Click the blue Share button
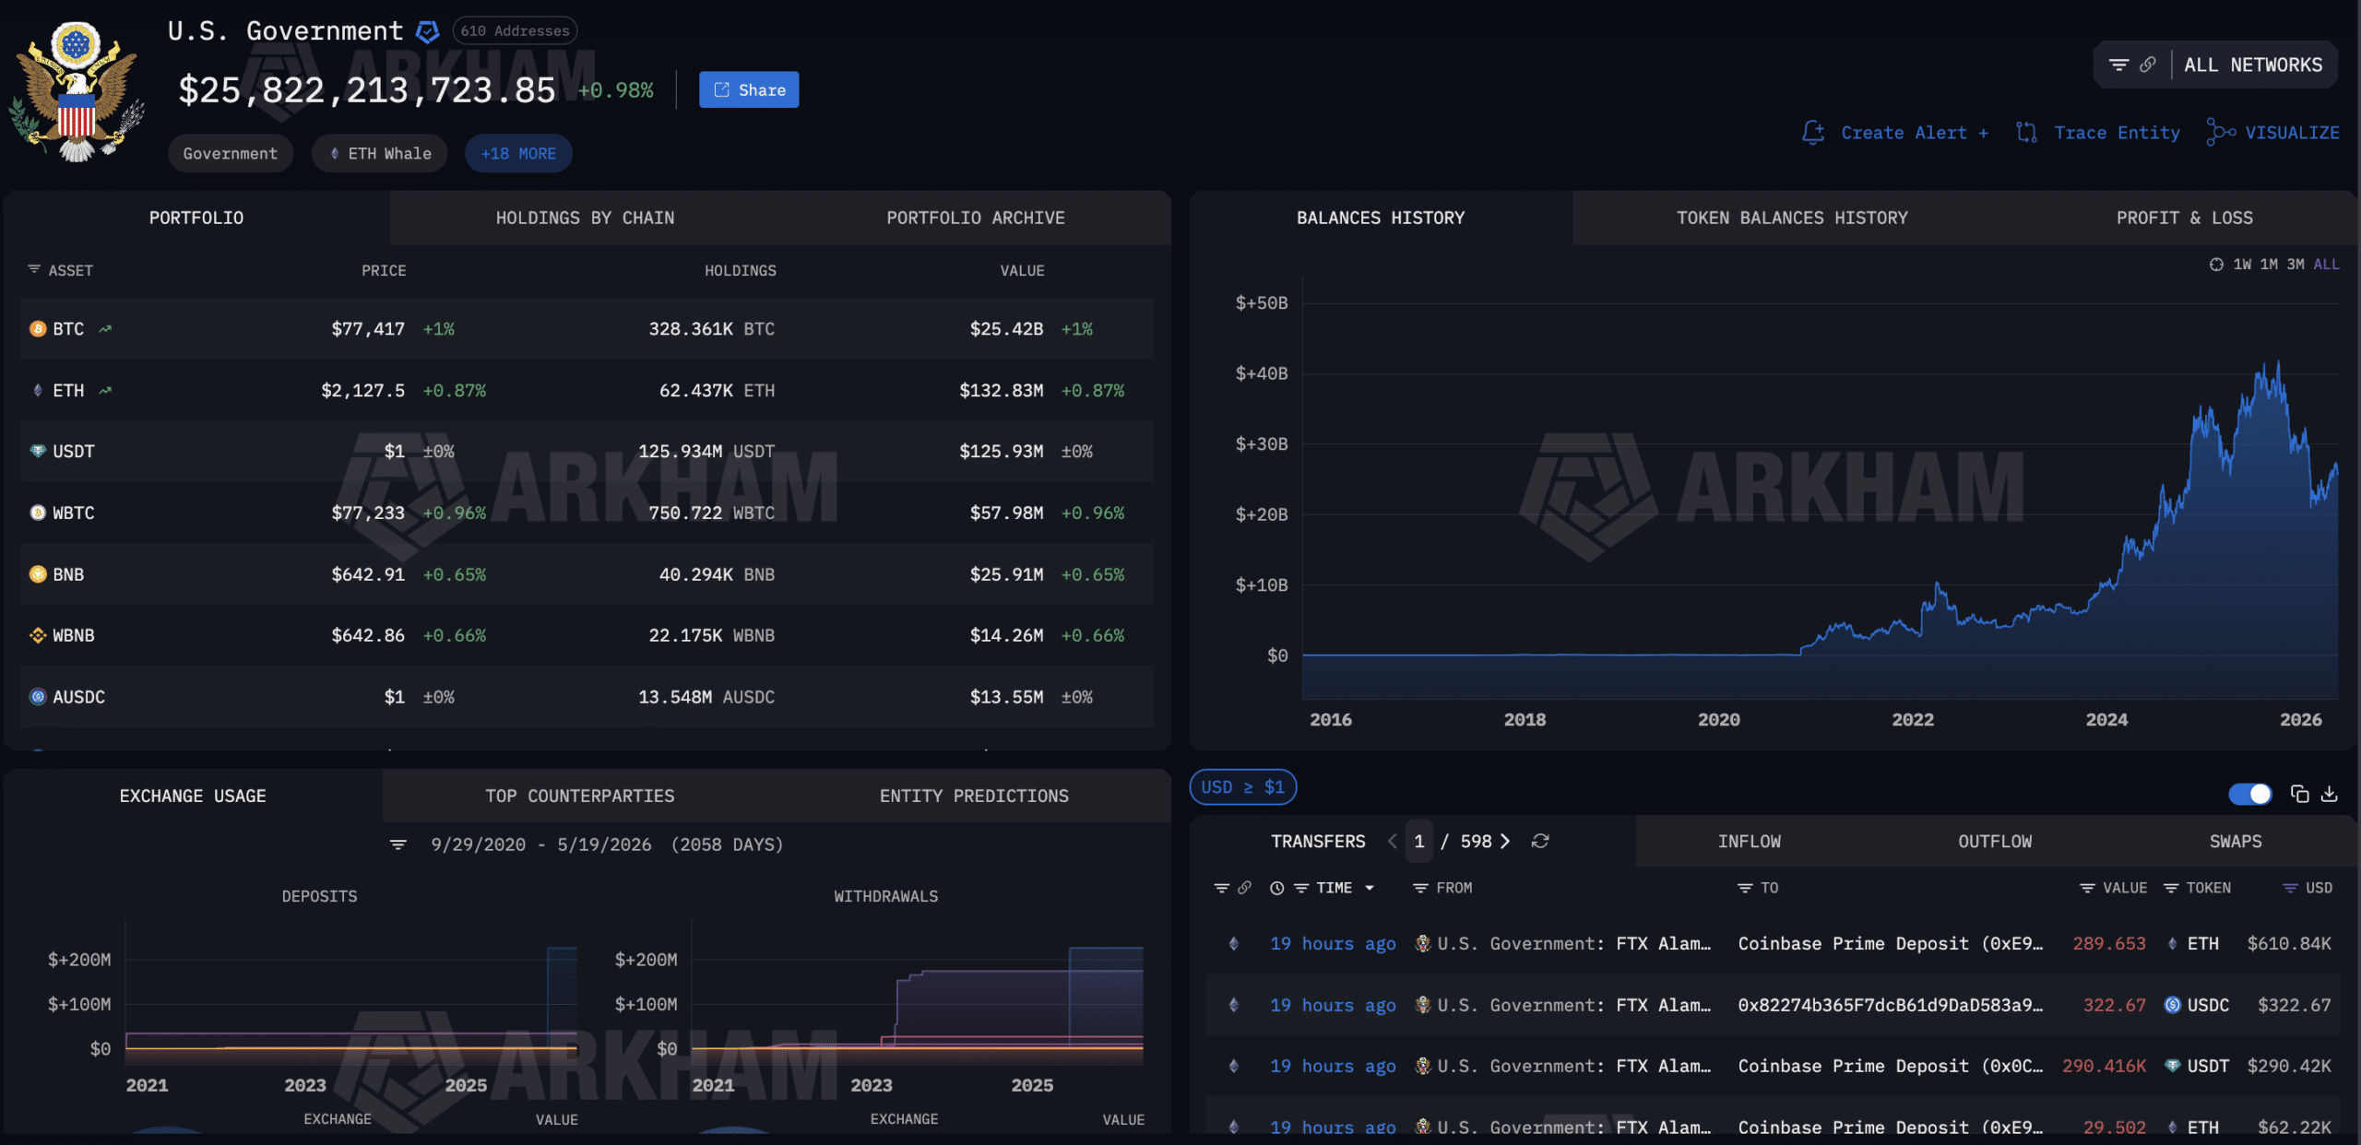tap(749, 89)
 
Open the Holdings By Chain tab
tap(585, 218)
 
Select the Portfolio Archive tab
tap(976, 218)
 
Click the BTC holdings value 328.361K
tap(691, 329)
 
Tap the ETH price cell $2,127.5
tap(362, 391)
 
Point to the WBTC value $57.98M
tap(1006, 513)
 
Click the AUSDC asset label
tap(78, 697)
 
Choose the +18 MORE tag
tap(518, 153)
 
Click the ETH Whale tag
tap(379, 153)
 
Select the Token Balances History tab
tap(1792, 218)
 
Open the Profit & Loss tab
tap(2184, 218)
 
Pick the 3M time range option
tap(2295, 265)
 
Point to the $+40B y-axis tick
tap(1262, 373)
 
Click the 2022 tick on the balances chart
tap(1913, 720)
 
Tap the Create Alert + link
tap(1896, 133)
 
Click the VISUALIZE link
tap(2273, 133)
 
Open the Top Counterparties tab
tap(580, 796)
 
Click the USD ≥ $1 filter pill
tap(1243, 787)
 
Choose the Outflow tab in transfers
tap(1995, 842)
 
